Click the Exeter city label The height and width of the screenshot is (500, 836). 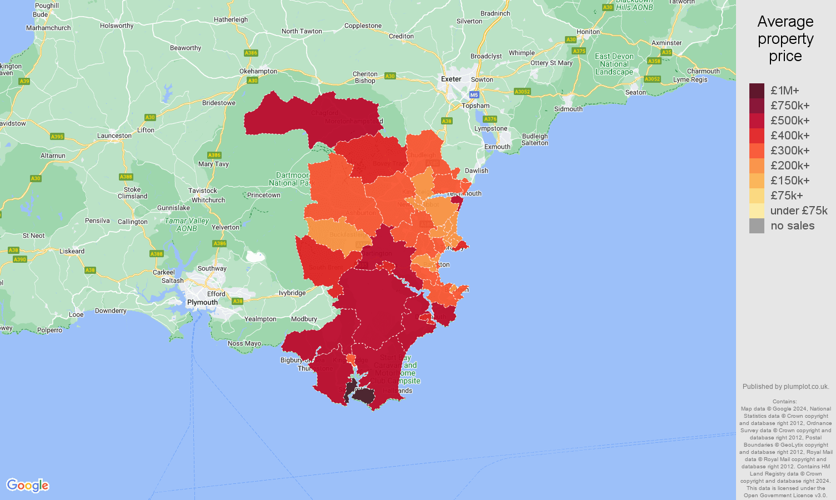tap(451, 79)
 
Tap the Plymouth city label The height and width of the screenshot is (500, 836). tap(202, 302)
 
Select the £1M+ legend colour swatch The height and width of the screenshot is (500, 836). tap(757, 91)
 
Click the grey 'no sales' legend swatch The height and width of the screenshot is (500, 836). tap(757, 226)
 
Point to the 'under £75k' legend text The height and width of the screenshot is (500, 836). tap(798, 211)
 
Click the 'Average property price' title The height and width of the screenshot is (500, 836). tap(785, 39)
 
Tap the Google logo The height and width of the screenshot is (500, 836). tap(28, 485)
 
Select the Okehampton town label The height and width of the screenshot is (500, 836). tap(258, 71)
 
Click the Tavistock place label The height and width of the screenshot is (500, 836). tap(203, 191)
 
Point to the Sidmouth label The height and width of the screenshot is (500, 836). tap(568, 109)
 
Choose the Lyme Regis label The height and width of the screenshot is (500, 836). tap(690, 79)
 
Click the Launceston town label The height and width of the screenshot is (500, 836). tap(114, 136)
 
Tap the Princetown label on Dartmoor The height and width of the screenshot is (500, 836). tap(263, 195)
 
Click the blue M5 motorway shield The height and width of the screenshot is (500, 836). tap(473, 95)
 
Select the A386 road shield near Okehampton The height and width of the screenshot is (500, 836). tap(251, 53)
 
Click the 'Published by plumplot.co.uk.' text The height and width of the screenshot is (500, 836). tap(785, 387)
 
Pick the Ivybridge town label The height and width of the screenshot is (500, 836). tap(292, 293)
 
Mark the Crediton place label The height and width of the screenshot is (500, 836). tap(401, 36)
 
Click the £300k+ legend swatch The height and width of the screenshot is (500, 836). tap(757, 151)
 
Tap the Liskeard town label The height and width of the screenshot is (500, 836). tap(72, 251)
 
